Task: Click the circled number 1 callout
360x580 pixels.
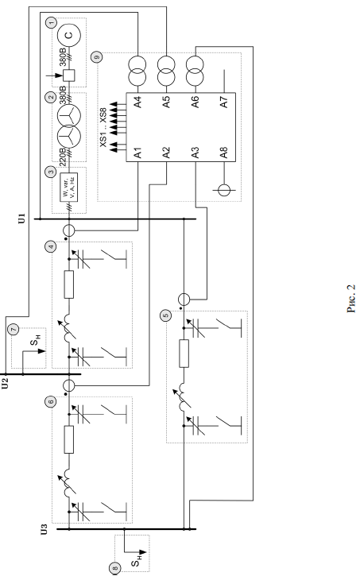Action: tap(51, 22)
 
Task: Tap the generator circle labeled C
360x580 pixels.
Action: tap(69, 35)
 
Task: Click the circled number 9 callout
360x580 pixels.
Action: tap(97, 57)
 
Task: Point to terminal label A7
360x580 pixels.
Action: tap(224, 101)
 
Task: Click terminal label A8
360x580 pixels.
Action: tap(224, 153)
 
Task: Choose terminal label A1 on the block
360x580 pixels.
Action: tap(137, 153)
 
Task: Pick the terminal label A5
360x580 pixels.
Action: tap(166, 101)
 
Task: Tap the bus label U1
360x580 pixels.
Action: tap(22, 218)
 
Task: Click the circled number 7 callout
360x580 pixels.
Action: tap(14, 329)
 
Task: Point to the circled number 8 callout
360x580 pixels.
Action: tap(115, 568)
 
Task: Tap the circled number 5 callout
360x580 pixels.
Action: tap(165, 315)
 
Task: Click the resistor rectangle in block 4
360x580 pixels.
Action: tap(69, 284)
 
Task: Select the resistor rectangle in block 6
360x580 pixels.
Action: tap(69, 439)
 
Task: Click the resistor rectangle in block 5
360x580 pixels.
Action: tap(184, 354)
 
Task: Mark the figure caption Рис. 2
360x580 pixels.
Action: tap(351, 299)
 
